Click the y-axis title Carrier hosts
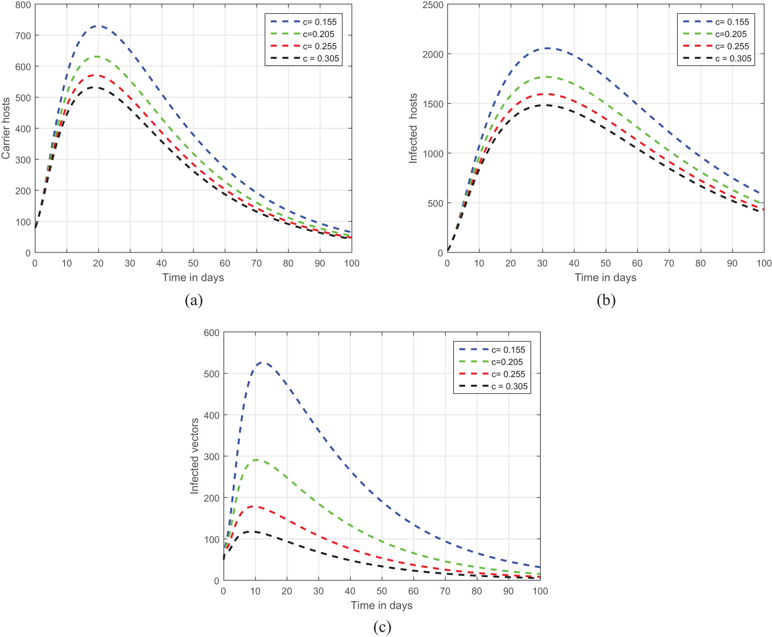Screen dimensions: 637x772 click(5, 128)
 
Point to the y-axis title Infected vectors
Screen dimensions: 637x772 click(195, 456)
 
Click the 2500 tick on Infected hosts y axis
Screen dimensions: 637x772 click(433, 5)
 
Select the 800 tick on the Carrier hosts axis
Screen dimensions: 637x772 click(23, 5)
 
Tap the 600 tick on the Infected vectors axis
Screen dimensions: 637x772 click(212, 333)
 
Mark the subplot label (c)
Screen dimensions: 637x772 click(382, 627)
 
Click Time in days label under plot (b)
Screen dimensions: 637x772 click(605, 277)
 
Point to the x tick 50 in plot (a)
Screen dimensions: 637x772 click(193, 263)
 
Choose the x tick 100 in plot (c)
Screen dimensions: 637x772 click(540, 591)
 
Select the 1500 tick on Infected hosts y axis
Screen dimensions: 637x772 click(433, 104)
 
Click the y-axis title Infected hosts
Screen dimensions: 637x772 click(413, 128)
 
